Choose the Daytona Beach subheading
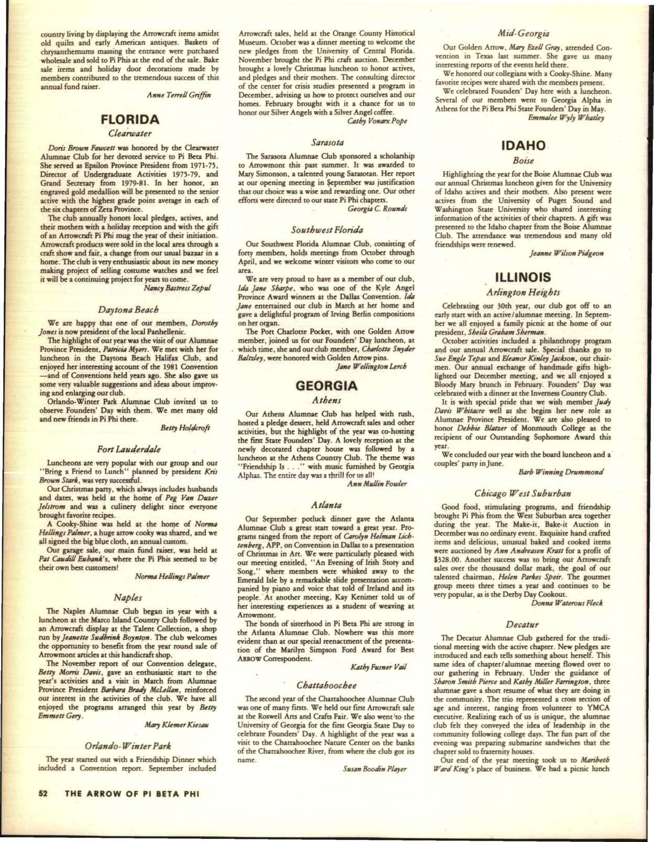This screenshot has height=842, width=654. (x=128, y=311)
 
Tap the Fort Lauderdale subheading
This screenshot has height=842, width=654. (x=128, y=449)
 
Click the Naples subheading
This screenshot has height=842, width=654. (x=128, y=597)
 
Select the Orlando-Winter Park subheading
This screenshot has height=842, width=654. (x=128, y=745)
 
